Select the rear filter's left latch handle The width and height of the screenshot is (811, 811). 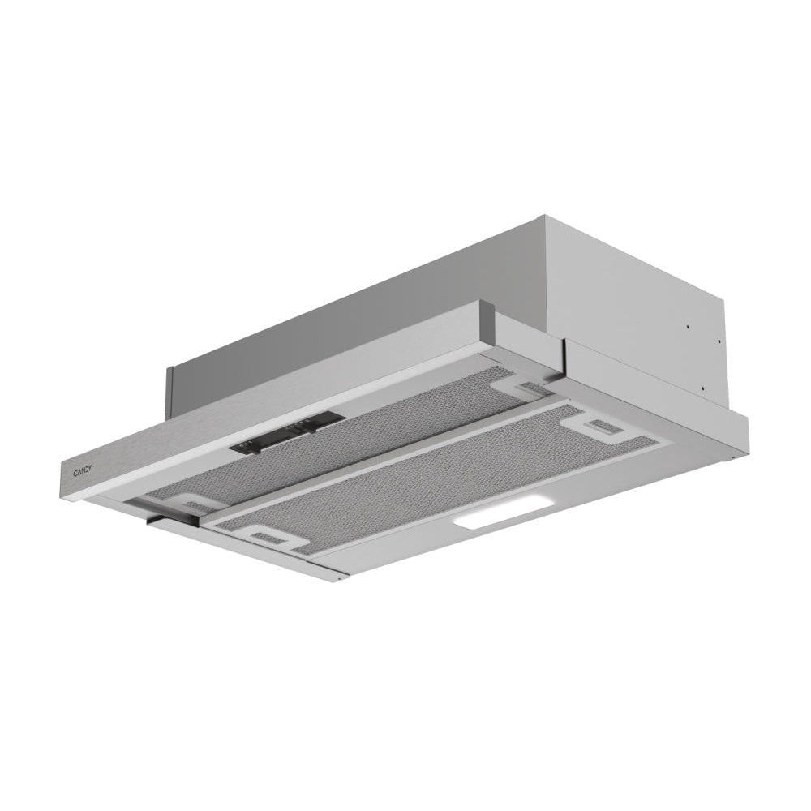click(x=193, y=504)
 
